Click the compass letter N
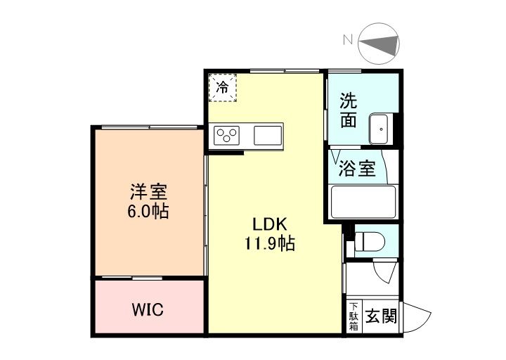click(347, 41)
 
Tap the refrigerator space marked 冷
click(223, 88)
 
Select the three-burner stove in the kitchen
click(228, 134)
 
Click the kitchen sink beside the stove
click(267, 134)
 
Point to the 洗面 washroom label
click(349, 110)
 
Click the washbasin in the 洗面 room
click(379, 127)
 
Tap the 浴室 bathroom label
click(357, 169)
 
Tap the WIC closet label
click(148, 310)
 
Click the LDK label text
click(268, 225)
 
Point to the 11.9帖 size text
click(268, 244)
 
